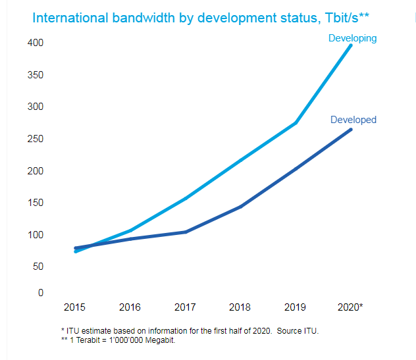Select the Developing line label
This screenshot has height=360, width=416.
coord(352,38)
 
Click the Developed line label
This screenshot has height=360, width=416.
coord(353,120)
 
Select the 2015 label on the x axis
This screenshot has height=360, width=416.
coord(74,307)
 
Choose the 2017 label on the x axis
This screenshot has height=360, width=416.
coord(185,307)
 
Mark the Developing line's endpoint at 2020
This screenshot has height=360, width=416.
coord(351,45)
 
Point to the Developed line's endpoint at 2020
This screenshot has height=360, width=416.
coord(351,129)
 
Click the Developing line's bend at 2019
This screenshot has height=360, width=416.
coord(296,123)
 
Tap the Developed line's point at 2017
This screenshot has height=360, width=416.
coord(186,232)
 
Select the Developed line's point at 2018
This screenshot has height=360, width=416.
coord(241,207)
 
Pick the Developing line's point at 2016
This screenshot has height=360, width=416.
coord(130,231)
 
